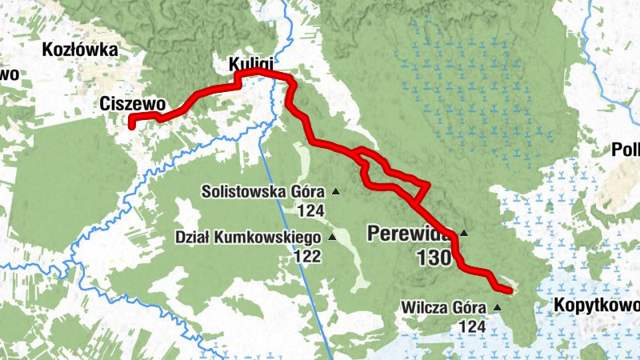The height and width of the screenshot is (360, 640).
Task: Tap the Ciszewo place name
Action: (x=133, y=103)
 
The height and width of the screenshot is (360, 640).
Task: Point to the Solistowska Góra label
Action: (x=262, y=192)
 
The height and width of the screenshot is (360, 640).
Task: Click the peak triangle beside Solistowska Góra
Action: (x=336, y=192)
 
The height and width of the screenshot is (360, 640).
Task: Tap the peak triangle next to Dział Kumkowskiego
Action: (x=332, y=238)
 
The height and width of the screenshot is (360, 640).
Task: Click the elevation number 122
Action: (x=307, y=257)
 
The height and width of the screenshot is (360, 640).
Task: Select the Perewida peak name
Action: (x=407, y=234)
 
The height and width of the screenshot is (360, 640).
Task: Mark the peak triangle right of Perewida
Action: (x=463, y=234)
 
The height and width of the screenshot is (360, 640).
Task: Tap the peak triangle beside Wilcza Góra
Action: (x=498, y=307)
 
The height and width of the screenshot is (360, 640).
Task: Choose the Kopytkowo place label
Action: (x=596, y=306)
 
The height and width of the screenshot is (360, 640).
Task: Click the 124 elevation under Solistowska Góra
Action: (x=309, y=211)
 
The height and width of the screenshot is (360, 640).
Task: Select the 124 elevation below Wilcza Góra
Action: (x=472, y=326)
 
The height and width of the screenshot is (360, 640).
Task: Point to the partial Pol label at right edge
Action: (x=626, y=150)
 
